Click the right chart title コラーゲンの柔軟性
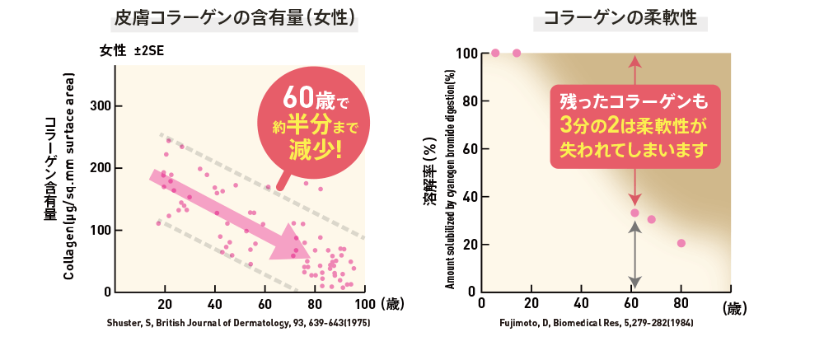click(620, 18)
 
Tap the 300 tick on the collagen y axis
click(100, 106)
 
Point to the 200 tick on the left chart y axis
click(100, 168)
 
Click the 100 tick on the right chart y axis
click(464, 54)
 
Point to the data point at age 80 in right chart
click(681, 243)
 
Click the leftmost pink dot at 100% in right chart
click(495, 54)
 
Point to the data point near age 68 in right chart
click(652, 219)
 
